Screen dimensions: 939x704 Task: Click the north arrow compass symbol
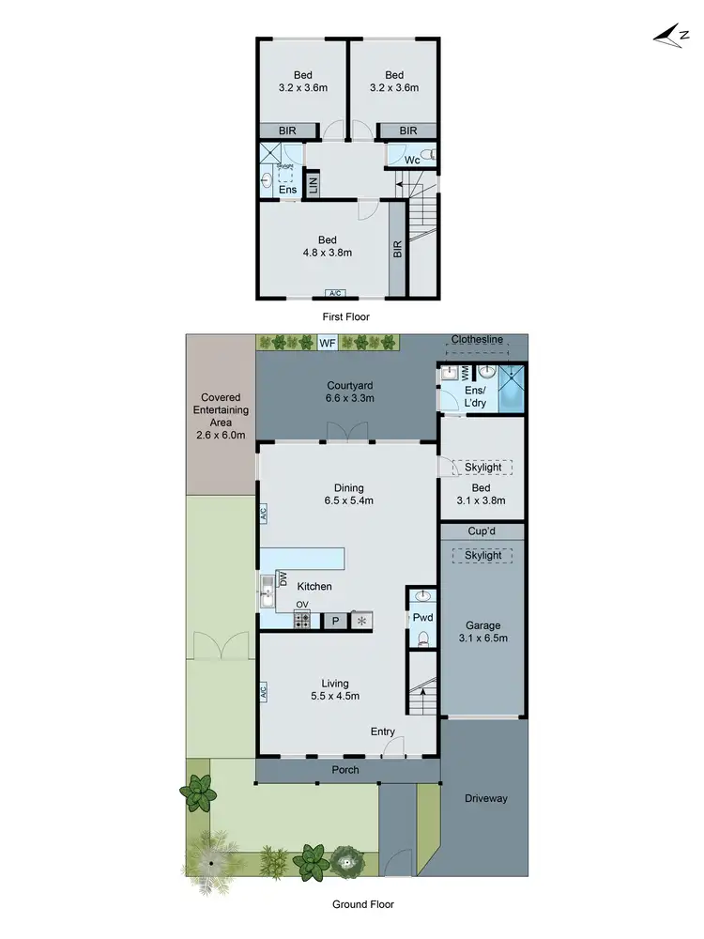point(668,35)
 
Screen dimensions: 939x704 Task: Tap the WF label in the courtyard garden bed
point(327,343)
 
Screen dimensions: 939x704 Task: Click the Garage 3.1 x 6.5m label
point(482,632)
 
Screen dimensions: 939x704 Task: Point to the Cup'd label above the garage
point(482,531)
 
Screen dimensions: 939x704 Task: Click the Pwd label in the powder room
point(422,619)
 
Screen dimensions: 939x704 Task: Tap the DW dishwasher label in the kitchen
point(281,578)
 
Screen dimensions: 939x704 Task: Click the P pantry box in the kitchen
point(333,621)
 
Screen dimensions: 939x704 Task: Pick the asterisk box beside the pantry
point(361,621)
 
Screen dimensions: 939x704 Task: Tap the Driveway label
point(484,798)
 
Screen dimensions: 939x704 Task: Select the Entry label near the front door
point(383,731)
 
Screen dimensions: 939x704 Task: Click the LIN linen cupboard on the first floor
point(314,184)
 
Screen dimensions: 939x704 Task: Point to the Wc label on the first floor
point(411,160)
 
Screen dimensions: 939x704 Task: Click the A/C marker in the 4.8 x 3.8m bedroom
point(334,293)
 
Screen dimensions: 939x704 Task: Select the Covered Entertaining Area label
point(221,423)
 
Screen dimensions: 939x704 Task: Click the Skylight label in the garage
point(482,556)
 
